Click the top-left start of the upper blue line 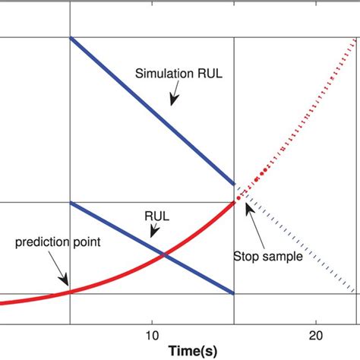tap(70, 37)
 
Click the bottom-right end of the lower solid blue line tap(234, 293)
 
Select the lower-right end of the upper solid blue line tap(234, 185)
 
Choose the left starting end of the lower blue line tap(70, 202)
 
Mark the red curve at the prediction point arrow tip tap(70, 291)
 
